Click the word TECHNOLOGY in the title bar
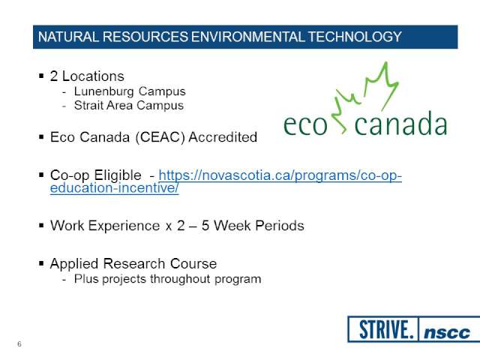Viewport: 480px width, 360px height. [355, 37]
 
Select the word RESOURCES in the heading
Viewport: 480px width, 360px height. [145, 37]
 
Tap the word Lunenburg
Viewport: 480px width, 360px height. [103, 91]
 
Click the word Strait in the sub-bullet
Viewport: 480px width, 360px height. [88, 105]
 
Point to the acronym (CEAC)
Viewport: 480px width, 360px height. [160, 137]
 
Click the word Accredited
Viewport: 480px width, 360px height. [223, 136]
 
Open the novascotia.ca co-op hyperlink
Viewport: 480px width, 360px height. [226, 181]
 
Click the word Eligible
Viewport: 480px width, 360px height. [118, 175]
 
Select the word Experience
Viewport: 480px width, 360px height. [124, 226]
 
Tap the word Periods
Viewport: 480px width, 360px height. [280, 226]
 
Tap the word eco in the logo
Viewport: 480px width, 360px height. [305, 125]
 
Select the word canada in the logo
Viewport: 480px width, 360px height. [400, 123]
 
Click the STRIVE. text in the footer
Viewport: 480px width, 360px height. [386, 329]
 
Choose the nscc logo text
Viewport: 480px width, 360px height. [447, 332]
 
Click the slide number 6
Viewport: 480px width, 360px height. [19, 344]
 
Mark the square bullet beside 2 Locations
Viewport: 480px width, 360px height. [41, 76]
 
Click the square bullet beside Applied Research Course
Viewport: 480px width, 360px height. [41, 263]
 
